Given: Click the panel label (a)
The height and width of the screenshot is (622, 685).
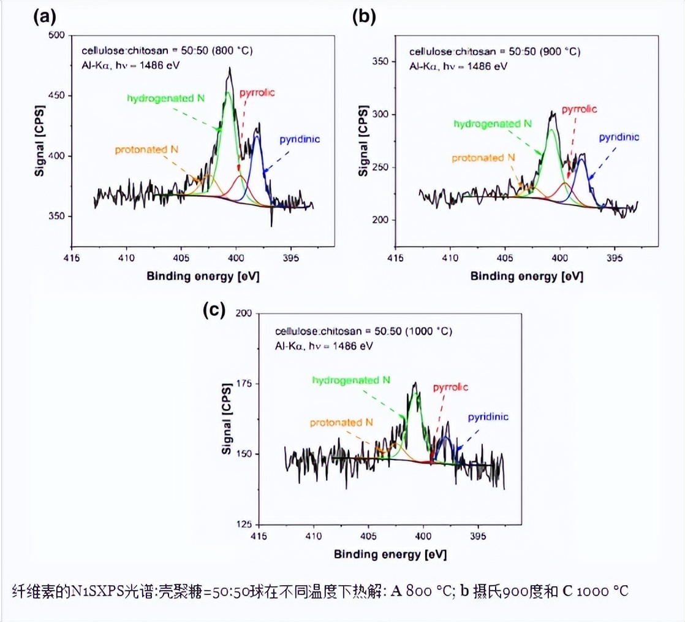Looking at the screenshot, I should coord(45,17).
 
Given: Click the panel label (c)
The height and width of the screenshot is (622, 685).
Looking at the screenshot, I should coord(214,310).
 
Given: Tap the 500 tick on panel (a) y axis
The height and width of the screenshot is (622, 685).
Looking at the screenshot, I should coord(56,36).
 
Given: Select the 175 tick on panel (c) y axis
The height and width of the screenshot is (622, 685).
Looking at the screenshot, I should coord(243,383).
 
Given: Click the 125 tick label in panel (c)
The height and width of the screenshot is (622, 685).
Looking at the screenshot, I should coord(243,524).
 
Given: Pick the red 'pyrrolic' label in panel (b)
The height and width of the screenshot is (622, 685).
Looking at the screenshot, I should coord(578,109).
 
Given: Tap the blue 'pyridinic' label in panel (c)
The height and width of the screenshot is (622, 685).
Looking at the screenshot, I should coord(488,417).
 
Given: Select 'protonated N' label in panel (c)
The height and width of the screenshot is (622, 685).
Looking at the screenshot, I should coord(341,423).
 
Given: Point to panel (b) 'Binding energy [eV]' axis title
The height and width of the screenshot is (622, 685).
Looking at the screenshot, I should coord(526,276).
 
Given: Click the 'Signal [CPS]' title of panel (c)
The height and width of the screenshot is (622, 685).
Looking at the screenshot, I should coord(227,420).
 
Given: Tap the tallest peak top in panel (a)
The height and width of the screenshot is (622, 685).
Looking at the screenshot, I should coord(230,69).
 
